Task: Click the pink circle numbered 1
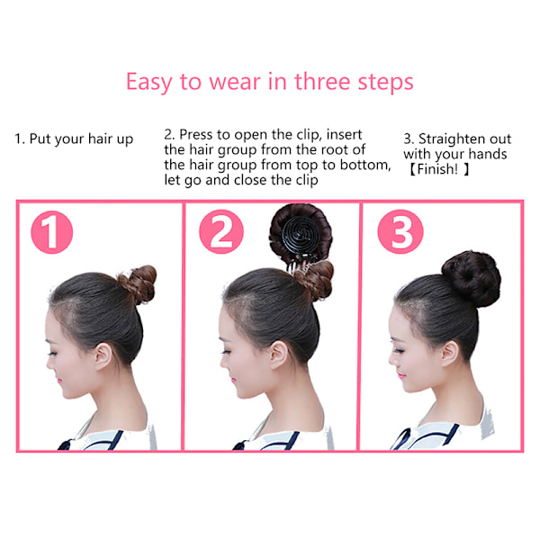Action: point(51,232)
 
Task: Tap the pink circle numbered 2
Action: point(221,231)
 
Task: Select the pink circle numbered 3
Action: point(400,231)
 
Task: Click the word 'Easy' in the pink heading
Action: point(148,83)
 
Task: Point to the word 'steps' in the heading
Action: point(385,83)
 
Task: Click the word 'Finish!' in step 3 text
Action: point(437,169)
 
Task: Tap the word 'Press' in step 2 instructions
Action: point(195,134)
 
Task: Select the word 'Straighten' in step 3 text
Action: point(449,139)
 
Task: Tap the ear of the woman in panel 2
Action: point(278,355)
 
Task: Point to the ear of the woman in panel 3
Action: point(450,353)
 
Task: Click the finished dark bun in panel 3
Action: point(471,279)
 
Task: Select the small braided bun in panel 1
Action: point(139,283)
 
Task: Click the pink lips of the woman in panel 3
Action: point(400,375)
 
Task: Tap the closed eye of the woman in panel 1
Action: point(52,354)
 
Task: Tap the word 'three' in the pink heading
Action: point(322,82)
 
